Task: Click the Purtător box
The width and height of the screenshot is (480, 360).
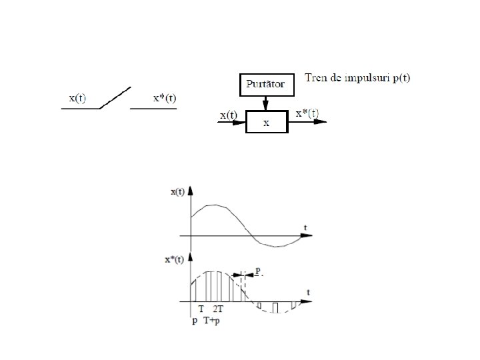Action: [265, 85]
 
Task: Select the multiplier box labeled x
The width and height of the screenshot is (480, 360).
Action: [265, 123]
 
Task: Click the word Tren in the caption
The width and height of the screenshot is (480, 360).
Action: [317, 78]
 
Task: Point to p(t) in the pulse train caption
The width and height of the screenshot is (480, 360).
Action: [401, 79]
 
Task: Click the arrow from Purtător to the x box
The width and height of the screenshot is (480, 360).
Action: [265, 103]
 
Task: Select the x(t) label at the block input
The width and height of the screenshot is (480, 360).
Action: [228, 115]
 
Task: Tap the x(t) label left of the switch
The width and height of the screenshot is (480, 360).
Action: [77, 98]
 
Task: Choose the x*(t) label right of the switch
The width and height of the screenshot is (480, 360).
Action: [165, 98]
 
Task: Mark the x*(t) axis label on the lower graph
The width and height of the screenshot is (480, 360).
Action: [174, 260]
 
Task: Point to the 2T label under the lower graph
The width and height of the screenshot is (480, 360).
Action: [218, 310]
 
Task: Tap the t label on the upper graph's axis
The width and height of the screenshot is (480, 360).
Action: [305, 228]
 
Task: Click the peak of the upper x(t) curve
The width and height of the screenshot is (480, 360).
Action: [213, 205]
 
